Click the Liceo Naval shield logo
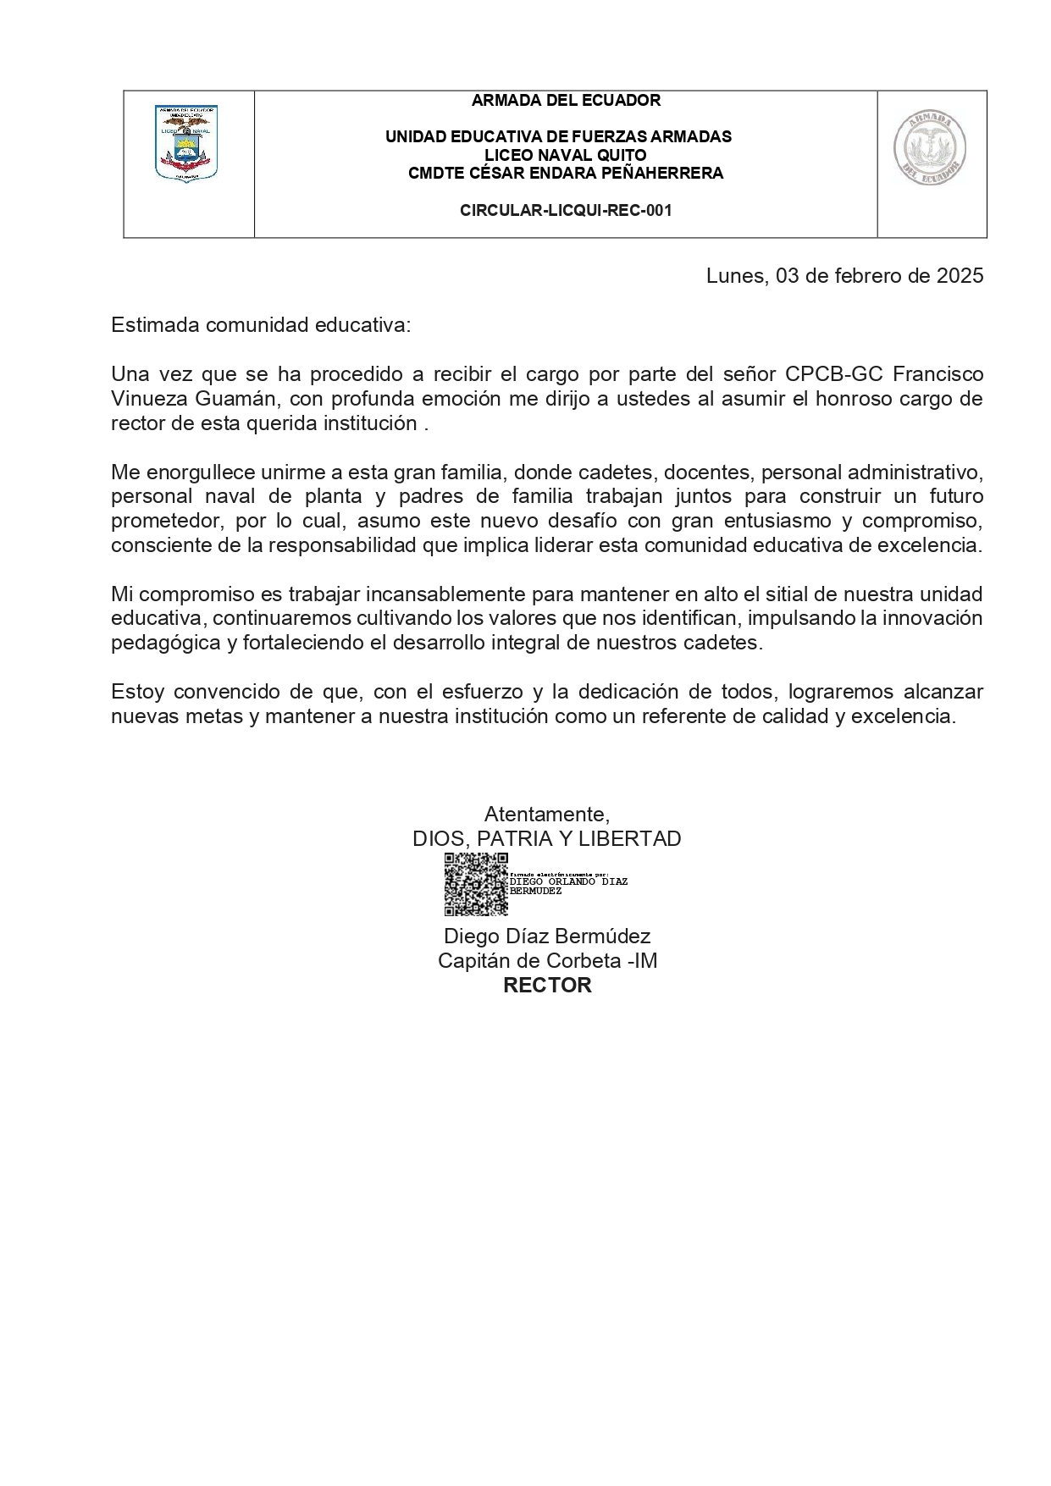coord(186,143)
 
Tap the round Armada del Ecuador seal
coord(931,149)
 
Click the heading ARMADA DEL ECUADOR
coord(566,101)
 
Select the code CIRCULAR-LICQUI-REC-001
coord(566,210)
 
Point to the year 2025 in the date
coord(960,276)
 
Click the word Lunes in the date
coord(735,276)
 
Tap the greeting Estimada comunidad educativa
coord(261,326)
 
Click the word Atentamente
coord(546,815)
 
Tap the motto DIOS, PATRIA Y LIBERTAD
coord(546,839)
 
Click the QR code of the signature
coord(476,885)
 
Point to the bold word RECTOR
coord(547,986)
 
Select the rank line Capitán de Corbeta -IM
coord(547,961)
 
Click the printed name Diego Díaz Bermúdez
coord(547,936)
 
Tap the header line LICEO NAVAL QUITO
coord(566,155)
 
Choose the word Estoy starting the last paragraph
coord(137,692)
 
